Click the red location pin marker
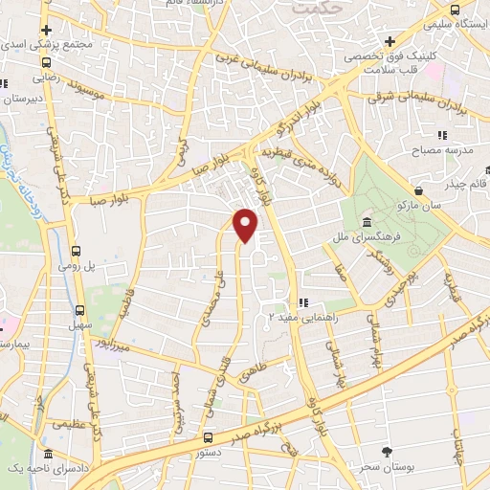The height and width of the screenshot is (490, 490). click(x=247, y=224)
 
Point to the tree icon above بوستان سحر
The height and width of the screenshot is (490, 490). click(x=388, y=452)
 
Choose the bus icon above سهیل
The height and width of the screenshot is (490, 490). click(x=78, y=310)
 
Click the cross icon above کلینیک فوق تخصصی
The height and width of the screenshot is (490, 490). click(x=390, y=41)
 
